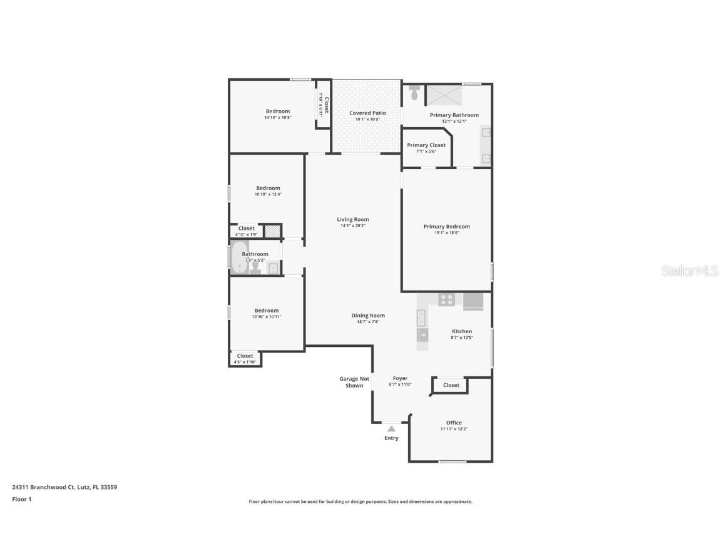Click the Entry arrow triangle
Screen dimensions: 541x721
pos(391,429)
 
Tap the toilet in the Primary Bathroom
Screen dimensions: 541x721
pos(413,94)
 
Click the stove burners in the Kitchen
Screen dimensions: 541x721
pos(446,299)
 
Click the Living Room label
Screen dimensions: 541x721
pos(353,220)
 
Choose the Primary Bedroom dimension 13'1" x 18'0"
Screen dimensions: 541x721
pos(446,233)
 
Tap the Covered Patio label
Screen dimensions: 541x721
pos(367,113)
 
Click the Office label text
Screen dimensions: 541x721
pos(454,423)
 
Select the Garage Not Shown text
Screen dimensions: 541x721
pos(354,382)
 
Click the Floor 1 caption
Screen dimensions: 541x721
pos(21,499)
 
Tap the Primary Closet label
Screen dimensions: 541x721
pos(426,145)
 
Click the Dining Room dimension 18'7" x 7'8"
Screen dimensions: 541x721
pos(367,322)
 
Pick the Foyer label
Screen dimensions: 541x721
pos(400,378)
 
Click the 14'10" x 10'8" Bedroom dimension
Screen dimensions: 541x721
pos(278,117)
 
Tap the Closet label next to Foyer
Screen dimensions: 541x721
pos(451,385)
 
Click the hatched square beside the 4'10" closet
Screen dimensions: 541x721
pos(272,231)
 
